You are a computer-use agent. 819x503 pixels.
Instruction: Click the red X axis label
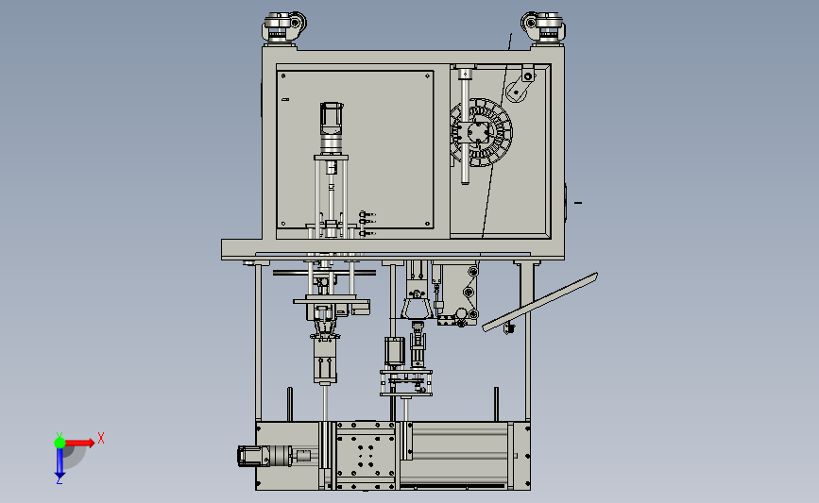click(x=101, y=438)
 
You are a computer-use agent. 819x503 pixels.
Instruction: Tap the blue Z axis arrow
click(x=60, y=462)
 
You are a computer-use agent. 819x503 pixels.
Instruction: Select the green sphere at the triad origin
click(x=60, y=443)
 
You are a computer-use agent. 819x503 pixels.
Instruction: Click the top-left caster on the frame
click(x=283, y=26)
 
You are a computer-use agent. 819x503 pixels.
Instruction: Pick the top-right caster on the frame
click(x=542, y=26)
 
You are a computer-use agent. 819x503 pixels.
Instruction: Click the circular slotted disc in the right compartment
click(x=481, y=132)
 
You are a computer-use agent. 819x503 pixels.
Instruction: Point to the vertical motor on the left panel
click(x=332, y=127)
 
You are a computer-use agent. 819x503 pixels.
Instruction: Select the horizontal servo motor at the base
click(x=266, y=456)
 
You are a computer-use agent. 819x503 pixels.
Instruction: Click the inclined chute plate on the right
click(x=539, y=302)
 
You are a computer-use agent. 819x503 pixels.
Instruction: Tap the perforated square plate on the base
click(x=365, y=456)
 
